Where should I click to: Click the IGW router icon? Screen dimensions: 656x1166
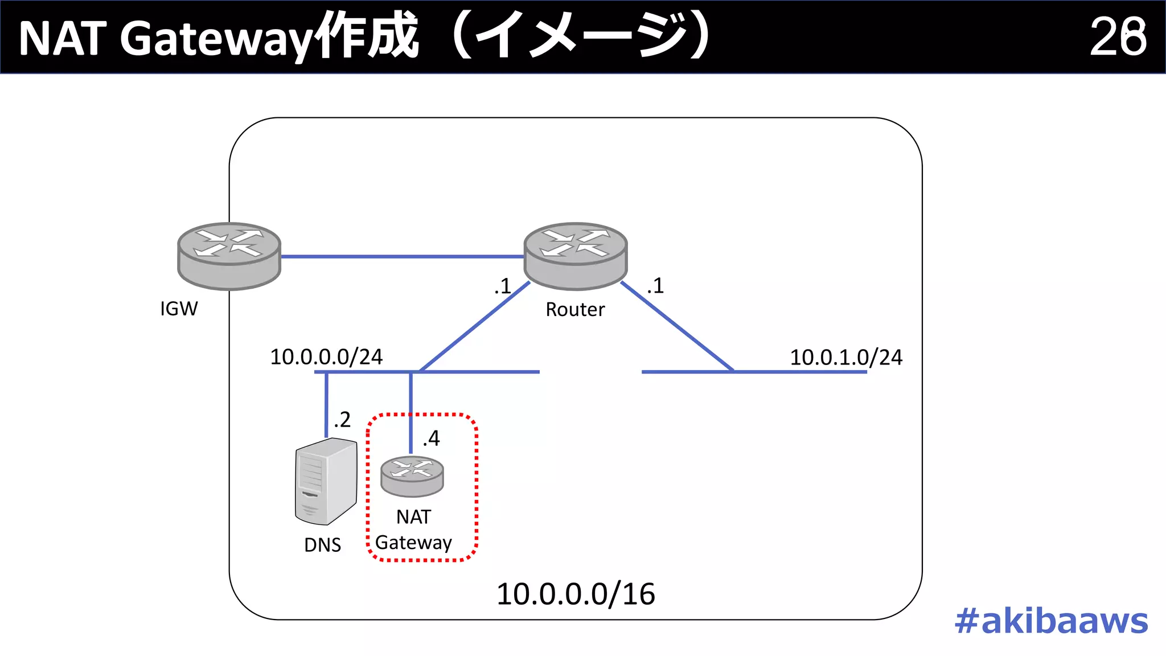tap(229, 256)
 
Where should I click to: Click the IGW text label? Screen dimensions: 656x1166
tap(179, 309)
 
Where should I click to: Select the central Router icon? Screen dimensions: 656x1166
tap(575, 256)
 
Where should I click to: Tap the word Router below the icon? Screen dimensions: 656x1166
tap(575, 309)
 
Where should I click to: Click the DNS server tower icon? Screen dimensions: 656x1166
tap(326, 481)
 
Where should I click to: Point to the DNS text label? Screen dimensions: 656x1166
tap(322, 545)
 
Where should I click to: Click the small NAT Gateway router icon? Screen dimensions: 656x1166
tap(412, 476)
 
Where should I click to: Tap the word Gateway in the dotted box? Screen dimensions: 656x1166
tap(413, 543)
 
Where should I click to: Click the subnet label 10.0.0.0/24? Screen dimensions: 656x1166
tap(326, 357)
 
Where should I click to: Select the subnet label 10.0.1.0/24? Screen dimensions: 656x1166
tap(846, 358)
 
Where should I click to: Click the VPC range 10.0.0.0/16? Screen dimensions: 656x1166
tap(576, 594)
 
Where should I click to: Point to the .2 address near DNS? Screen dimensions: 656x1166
tap(342, 420)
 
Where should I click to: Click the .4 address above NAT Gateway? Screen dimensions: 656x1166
tap(432, 438)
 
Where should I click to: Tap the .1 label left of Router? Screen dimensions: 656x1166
tap(503, 286)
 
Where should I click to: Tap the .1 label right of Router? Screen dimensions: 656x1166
tap(655, 285)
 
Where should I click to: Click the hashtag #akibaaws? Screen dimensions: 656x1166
tap(1051, 621)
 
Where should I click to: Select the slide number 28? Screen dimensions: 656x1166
tap(1118, 37)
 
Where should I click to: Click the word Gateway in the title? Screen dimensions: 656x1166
tap(216, 39)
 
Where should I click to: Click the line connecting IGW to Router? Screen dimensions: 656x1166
tap(402, 257)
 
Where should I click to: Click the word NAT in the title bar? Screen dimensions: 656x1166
tap(63, 39)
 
